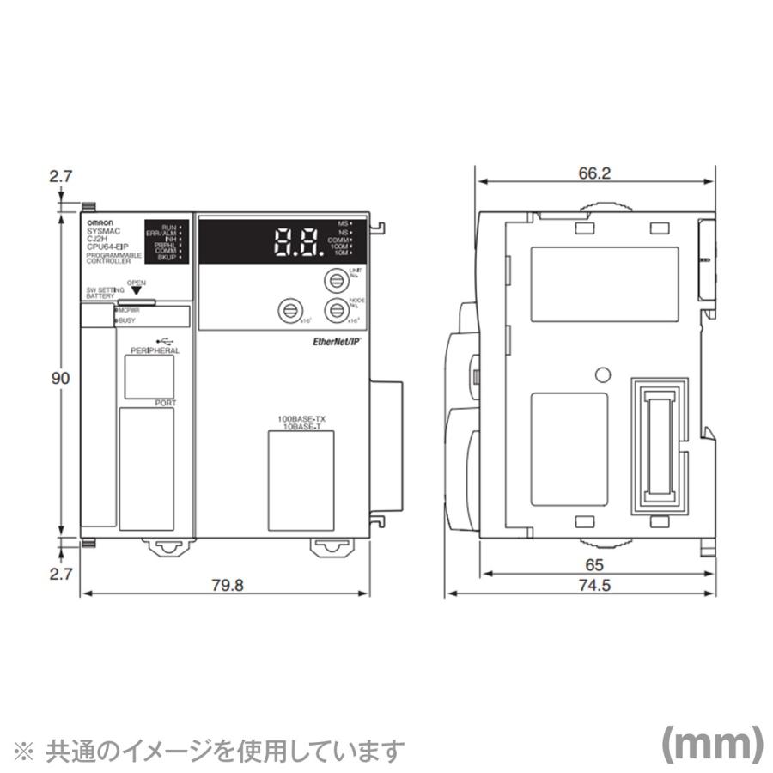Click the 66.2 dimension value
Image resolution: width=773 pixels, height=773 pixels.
tap(593, 173)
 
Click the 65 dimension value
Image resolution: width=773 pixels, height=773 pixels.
tap(593, 565)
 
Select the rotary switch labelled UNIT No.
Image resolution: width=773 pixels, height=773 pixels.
tap(333, 281)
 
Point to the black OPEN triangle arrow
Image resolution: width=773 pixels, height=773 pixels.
tap(136, 291)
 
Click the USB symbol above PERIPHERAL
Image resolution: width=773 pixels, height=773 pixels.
tap(152, 341)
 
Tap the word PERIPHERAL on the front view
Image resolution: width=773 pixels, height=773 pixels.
tap(155, 352)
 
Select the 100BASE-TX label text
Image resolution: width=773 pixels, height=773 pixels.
tap(301, 418)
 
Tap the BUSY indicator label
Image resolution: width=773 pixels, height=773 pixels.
tap(127, 321)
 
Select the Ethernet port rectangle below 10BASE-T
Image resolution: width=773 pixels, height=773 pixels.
tap(300, 481)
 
